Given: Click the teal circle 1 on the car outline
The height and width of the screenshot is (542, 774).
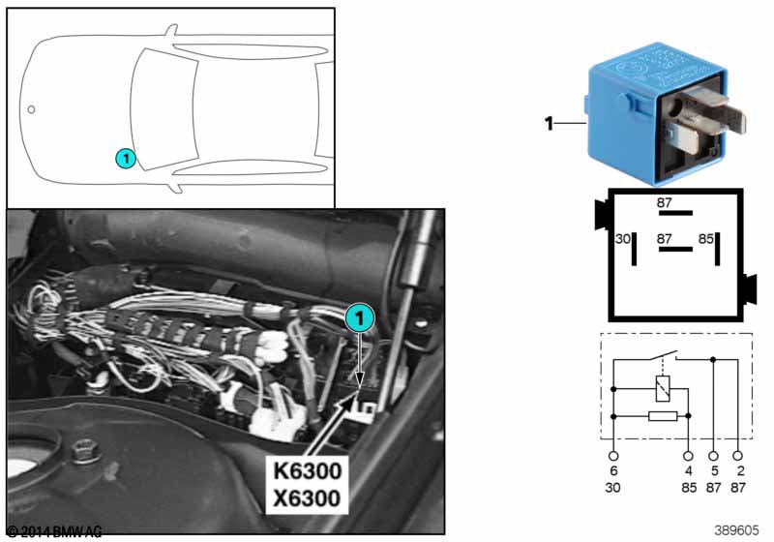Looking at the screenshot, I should coord(124,156).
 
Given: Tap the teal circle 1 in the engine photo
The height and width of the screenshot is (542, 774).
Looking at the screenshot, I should coord(359,317).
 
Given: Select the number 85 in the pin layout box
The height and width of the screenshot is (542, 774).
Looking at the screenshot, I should coord(706,238).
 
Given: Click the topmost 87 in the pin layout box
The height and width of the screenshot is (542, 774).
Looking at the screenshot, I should coord(665,203).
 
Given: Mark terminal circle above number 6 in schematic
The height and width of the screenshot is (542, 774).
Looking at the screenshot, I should coord(613,454).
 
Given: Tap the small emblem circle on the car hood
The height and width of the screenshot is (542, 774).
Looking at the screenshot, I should coord(31,109).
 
